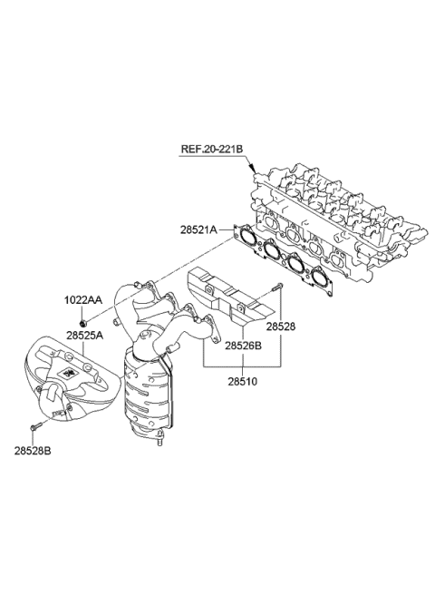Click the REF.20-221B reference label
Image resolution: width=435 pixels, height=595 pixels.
[x=212, y=149]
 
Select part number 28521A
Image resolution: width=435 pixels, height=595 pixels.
[x=198, y=230]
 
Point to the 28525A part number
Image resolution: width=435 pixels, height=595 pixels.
[x=85, y=336]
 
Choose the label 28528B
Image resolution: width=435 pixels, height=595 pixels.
[x=33, y=451]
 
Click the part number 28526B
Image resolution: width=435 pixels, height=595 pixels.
[x=243, y=346]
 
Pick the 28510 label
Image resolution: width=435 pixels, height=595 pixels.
[x=242, y=381]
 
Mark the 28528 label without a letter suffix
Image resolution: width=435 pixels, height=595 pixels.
[x=281, y=327]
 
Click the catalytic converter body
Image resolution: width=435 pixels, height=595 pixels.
[x=149, y=395]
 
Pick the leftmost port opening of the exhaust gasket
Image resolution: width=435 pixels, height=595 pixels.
[x=247, y=235]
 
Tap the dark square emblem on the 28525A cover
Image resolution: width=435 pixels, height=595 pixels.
[x=69, y=373]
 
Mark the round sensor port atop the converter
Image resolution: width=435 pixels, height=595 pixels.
[x=146, y=335]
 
